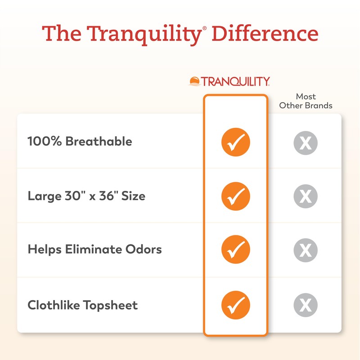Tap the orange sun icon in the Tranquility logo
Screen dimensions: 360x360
195,81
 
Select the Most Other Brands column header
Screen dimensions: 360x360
306,101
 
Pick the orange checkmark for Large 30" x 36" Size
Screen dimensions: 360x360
235,196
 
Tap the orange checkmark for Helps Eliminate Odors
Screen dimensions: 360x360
235,249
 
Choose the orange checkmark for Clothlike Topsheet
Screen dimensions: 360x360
235,305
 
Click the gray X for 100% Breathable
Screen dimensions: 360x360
306,143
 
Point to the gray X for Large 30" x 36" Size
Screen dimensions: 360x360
306,196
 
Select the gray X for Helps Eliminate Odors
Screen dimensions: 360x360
306,250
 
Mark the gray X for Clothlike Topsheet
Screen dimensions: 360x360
306,305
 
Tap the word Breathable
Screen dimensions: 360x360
99,141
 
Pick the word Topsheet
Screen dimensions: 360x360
111,305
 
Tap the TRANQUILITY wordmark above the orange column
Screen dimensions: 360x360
235,81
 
